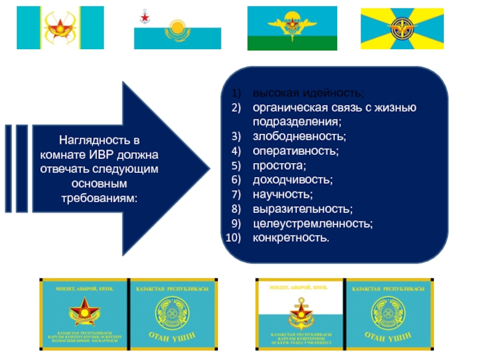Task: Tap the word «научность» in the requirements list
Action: pos(283,194)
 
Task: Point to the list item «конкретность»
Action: pos(291,238)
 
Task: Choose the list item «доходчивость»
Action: pos(292,180)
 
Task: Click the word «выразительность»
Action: pos(302,209)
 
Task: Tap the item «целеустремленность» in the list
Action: pos(313,223)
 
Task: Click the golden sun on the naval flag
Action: pos(177,28)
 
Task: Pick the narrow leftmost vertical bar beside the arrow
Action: pos(8,169)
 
